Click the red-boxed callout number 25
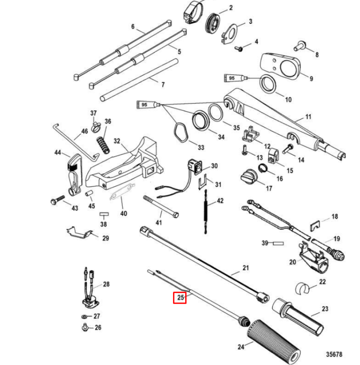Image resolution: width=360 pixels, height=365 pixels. click(x=180, y=297)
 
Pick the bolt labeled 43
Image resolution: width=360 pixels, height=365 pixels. click(x=57, y=200)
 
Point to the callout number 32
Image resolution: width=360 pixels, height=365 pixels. click(x=117, y=141)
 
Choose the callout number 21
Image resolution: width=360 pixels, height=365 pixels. click(x=246, y=268)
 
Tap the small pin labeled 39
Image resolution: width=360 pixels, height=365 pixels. click(x=278, y=243)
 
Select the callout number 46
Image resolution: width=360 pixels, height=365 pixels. click(x=85, y=131)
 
